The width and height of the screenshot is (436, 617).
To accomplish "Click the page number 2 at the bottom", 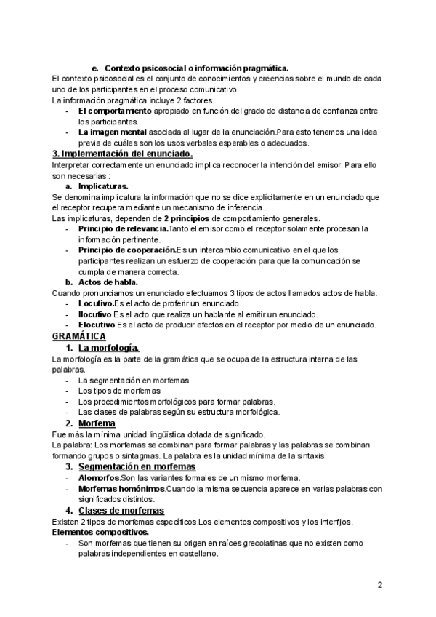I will (x=380, y=584).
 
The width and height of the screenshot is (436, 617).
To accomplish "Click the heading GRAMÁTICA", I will (x=79, y=336).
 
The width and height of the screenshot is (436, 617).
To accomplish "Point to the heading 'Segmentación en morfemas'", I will (x=137, y=466).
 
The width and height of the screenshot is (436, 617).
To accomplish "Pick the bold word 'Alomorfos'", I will (x=99, y=478).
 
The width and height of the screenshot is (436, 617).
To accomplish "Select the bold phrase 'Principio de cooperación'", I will (x=126, y=250).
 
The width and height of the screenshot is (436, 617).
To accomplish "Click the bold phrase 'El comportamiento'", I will (x=115, y=111).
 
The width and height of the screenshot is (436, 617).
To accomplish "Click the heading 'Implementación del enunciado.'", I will (x=123, y=154).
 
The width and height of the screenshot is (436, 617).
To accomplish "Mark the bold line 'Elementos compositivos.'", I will (x=100, y=533).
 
